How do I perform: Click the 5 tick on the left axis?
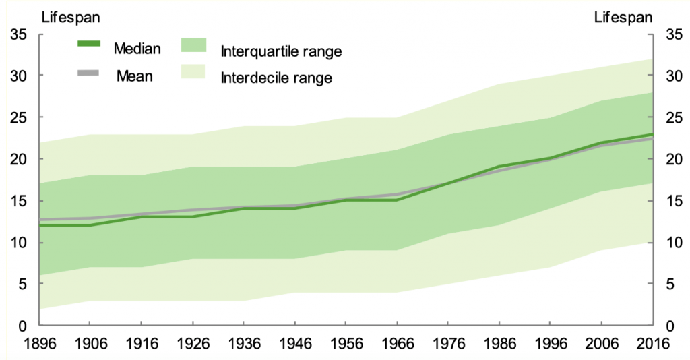(x=22, y=284)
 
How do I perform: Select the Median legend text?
(x=137, y=48)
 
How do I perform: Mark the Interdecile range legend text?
(x=276, y=78)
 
